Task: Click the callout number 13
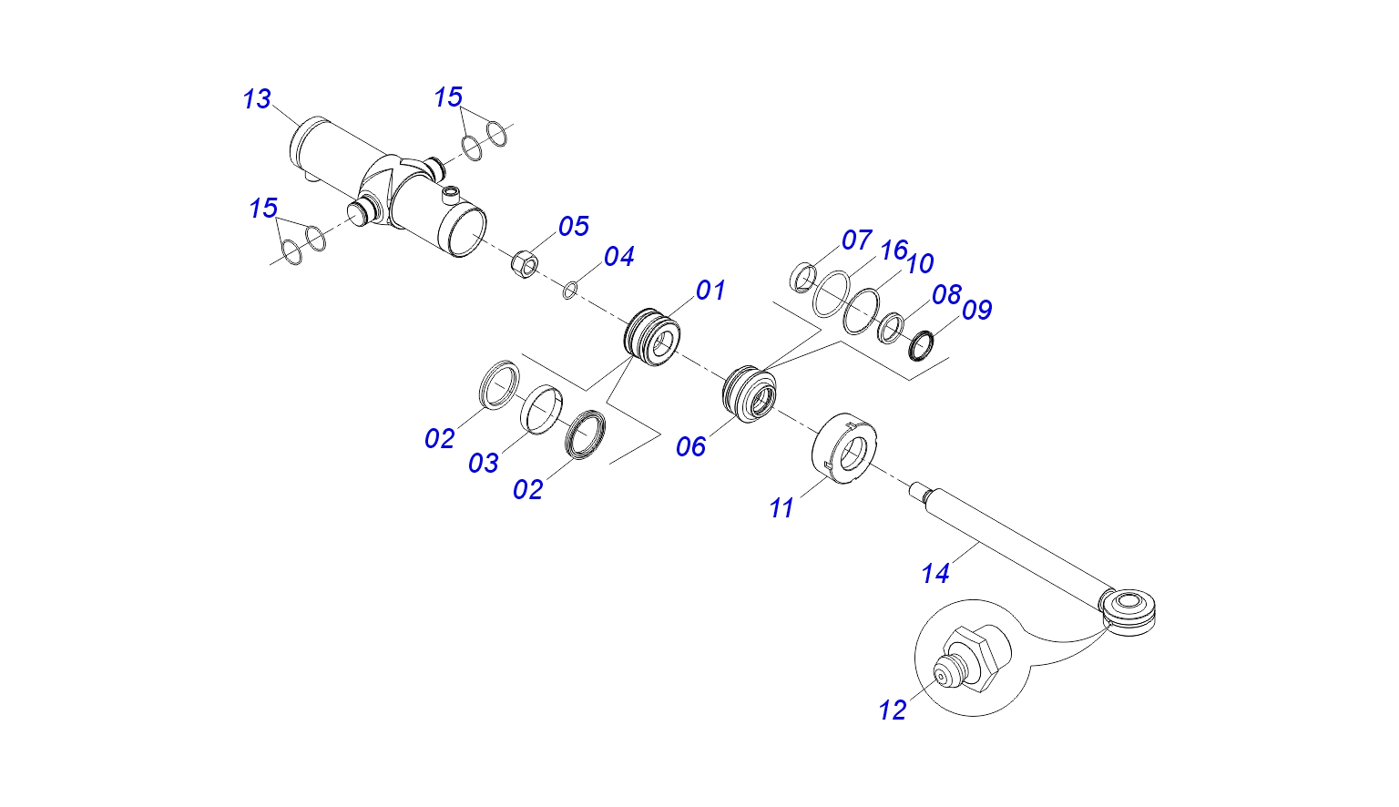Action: coord(257,99)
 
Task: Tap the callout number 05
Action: coord(574,226)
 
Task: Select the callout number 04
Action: coord(618,257)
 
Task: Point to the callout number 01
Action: coord(710,291)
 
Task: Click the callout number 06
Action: coord(691,446)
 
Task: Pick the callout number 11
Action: coord(781,508)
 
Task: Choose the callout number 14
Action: coord(935,574)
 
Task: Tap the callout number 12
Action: coord(893,710)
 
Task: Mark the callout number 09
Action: coord(976,310)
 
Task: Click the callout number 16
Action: coord(894,250)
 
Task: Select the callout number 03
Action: coord(484,464)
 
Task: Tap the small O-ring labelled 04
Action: coord(569,291)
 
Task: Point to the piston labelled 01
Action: coord(652,336)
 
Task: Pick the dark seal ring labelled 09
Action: coord(923,344)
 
